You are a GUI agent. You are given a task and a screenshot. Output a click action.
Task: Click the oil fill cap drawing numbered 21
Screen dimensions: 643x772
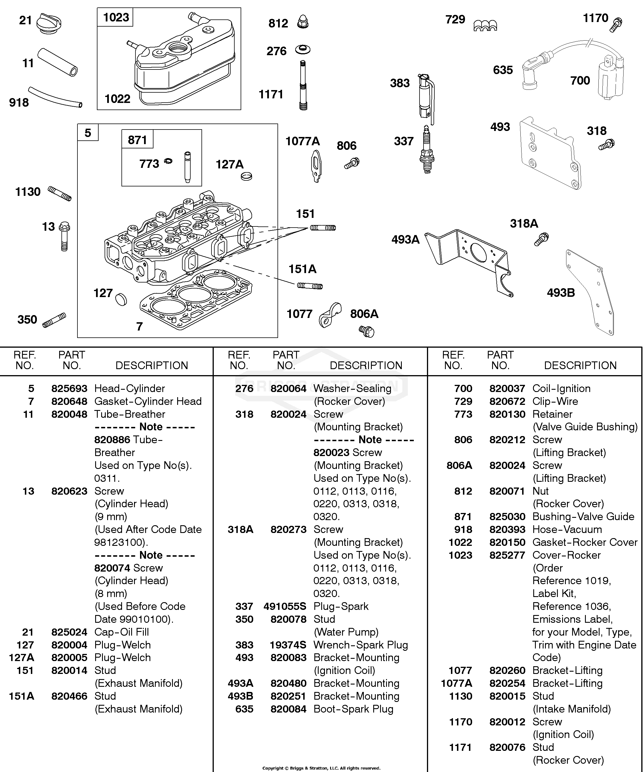point(49,23)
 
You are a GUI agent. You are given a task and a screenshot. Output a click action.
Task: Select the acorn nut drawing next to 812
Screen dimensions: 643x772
point(303,22)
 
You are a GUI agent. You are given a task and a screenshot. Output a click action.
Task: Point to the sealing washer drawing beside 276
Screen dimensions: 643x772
point(303,49)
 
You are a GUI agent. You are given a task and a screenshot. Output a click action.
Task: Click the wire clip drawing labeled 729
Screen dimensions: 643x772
point(485,26)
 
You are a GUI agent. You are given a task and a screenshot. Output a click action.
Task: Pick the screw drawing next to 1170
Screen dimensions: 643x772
point(616,25)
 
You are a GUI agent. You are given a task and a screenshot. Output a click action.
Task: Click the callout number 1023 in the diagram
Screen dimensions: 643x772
point(116,17)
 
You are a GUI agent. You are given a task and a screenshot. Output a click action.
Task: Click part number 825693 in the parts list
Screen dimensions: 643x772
point(69,389)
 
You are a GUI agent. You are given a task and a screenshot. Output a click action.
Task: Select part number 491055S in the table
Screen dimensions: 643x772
point(285,606)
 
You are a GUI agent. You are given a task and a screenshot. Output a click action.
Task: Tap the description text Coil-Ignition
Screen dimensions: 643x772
point(562,389)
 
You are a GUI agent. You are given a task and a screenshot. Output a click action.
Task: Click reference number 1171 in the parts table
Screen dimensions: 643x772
point(460,747)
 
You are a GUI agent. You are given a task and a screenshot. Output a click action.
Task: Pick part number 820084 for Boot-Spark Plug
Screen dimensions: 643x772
point(288,709)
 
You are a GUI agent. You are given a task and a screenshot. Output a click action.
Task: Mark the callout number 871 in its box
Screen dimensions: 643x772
point(137,140)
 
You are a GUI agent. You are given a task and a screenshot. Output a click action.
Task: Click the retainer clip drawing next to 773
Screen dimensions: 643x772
point(168,161)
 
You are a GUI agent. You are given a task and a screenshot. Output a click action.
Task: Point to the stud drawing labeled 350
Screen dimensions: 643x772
point(54,320)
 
